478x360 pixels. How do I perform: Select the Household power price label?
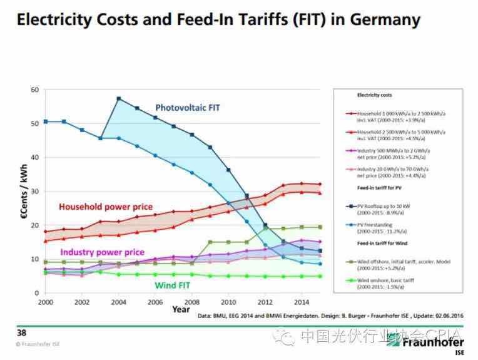tap(106, 207)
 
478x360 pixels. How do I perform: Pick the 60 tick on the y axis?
tap(34, 90)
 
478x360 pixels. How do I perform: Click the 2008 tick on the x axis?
tap(193, 302)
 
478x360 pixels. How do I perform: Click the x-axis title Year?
tap(181, 309)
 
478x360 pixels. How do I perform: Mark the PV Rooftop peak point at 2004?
tap(119, 98)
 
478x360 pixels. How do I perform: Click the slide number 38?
tap(21, 332)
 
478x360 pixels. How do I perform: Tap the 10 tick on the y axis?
tap(34, 259)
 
